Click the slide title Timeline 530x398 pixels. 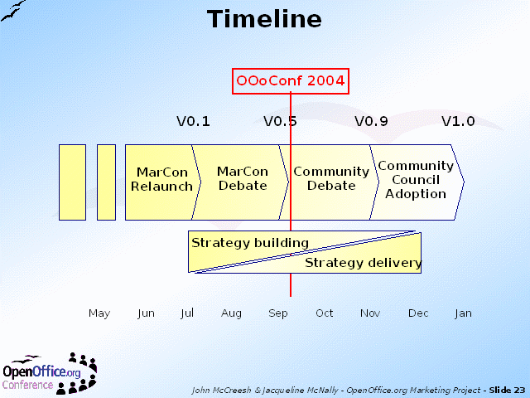coord(264,18)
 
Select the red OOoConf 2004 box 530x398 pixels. coord(291,81)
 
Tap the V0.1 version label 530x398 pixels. coord(193,121)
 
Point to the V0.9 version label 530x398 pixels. coord(371,121)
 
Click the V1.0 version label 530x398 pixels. coord(458,121)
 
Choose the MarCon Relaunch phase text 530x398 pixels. coord(162,179)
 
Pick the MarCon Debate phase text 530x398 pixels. coord(243,178)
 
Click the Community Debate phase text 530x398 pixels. coord(331,178)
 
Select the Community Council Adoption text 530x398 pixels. coord(416,180)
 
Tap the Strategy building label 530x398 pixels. coord(250,243)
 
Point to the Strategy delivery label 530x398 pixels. coord(364,263)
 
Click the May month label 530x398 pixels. coord(99,313)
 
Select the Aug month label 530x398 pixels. coord(231,313)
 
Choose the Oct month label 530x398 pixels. coord(324,313)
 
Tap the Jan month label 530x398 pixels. coord(463,313)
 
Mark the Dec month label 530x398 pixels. coord(418,313)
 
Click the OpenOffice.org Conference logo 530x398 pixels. coord(50,374)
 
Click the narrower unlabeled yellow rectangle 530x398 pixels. coord(107,182)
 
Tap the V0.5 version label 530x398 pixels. coord(280,121)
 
